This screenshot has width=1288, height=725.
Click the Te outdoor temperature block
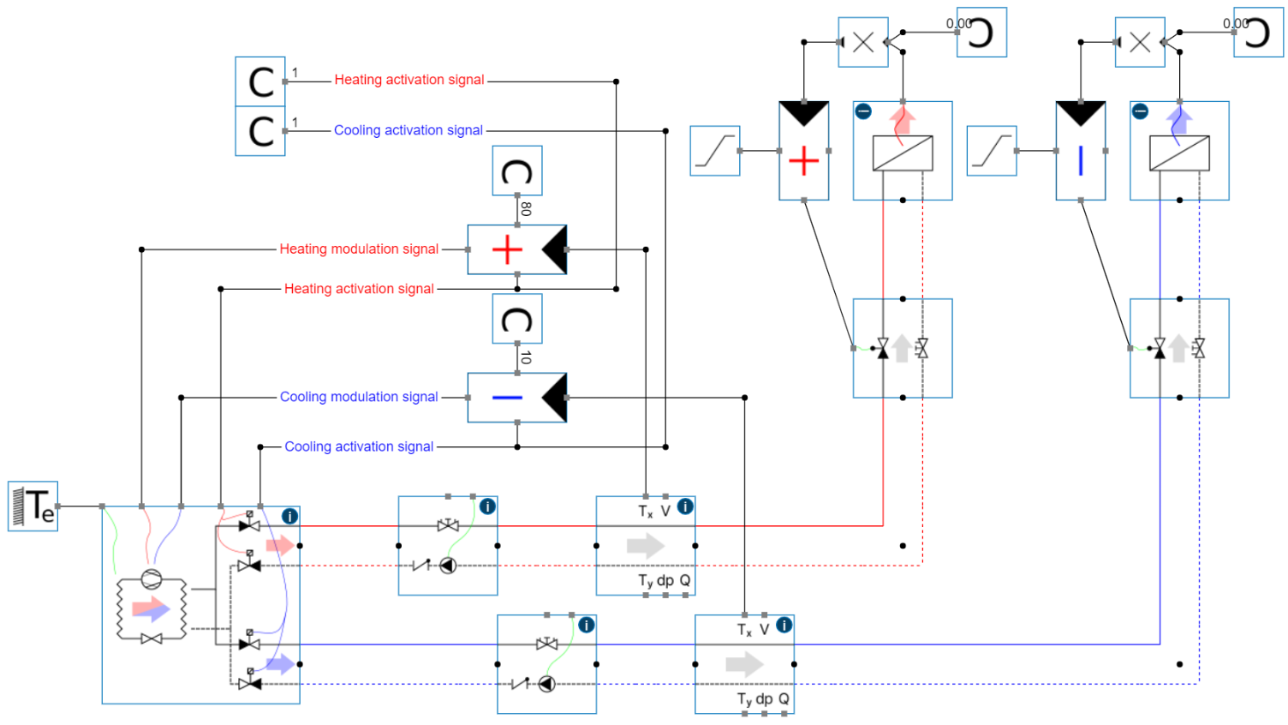coord(33,506)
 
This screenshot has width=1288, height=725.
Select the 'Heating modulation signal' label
coord(359,249)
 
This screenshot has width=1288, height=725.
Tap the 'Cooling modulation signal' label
coord(359,398)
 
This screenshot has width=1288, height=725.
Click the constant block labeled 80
coord(516,171)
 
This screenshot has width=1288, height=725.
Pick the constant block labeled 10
coord(516,320)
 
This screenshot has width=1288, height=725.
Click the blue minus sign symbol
coord(507,398)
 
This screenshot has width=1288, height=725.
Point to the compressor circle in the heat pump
coord(152,578)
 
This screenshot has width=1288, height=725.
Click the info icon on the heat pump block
coord(290,517)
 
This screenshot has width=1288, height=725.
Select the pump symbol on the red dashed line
coord(448,566)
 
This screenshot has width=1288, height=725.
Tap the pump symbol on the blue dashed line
coord(546,684)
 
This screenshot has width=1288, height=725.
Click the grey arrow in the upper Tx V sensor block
coord(645,546)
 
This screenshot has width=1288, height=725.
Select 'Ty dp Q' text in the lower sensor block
coord(763,699)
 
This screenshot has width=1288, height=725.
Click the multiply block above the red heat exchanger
coord(863,42)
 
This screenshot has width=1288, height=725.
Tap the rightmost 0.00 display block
coord(1258,33)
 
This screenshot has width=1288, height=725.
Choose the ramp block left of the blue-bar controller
coord(992,152)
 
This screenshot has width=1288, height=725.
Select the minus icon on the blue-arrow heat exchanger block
coord(1141,111)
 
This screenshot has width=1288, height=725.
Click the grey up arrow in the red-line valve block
coord(902,348)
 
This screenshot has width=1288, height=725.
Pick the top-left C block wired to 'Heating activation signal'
coord(260,82)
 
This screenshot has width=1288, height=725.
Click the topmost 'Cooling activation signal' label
coord(408,131)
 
